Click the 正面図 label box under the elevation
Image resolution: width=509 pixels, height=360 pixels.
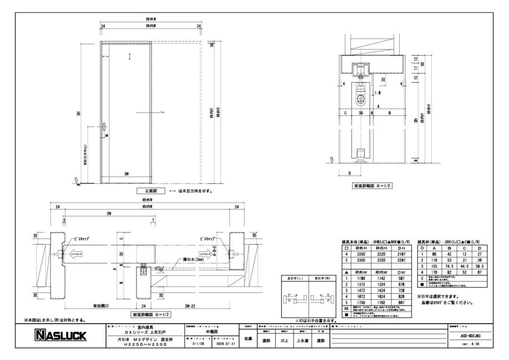pos(150,191)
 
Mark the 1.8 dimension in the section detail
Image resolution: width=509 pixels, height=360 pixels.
pos(364,93)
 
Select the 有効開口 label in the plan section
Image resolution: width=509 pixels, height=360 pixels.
pos(101,305)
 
